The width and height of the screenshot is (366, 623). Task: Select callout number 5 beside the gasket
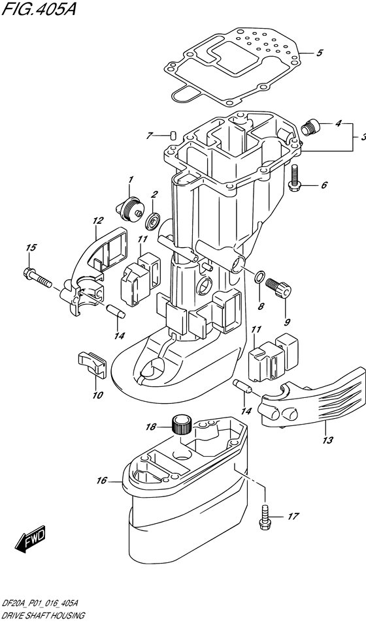pyautogui.click(x=319, y=53)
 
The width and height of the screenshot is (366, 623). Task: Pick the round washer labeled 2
pyautogui.click(x=152, y=220)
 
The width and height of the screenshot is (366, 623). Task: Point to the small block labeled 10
pyautogui.click(x=91, y=363)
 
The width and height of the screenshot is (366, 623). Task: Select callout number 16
pyautogui.click(x=101, y=481)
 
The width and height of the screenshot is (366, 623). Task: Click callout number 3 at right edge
pyautogui.click(x=361, y=137)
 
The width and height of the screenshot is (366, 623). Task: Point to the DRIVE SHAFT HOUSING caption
pyautogui.click(x=42, y=615)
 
